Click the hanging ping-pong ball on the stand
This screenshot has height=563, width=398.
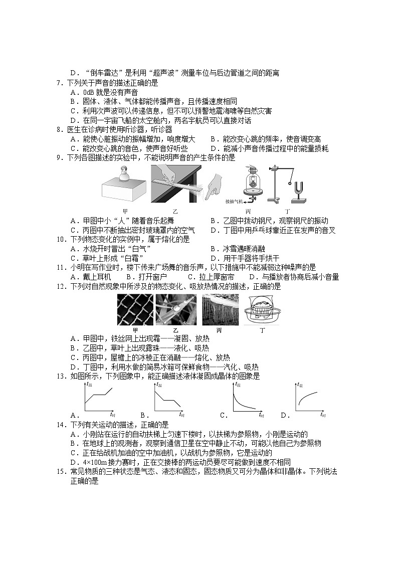(x=289, y=184)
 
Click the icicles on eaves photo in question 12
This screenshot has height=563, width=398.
(x=219, y=310)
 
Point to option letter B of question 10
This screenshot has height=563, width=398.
(x=213, y=249)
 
